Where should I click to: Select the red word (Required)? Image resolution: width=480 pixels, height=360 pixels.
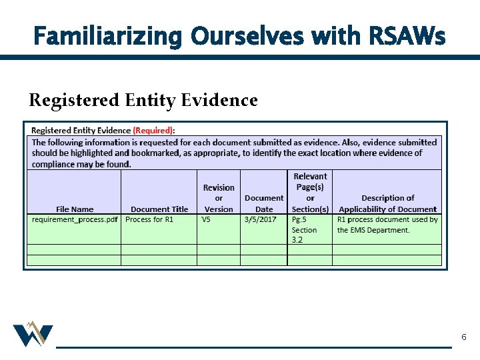click(153, 131)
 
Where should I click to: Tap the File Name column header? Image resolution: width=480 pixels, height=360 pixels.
click(75, 209)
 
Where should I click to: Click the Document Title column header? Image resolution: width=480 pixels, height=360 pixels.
click(159, 209)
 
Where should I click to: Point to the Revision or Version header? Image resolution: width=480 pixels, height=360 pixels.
click(219, 198)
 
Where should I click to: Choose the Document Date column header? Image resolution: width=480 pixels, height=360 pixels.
click(264, 203)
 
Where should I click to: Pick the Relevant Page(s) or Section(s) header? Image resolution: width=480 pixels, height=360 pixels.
click(310, 193)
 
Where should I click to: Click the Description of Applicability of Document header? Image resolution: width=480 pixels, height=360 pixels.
click(387, 203)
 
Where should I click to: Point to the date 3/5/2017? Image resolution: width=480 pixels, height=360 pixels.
click(261, 219)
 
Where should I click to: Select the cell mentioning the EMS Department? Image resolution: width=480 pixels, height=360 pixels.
click(387, 225)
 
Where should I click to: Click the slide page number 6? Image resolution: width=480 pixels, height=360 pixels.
click(464, 338)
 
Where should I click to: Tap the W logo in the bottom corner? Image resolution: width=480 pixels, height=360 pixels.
click(33, 335)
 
